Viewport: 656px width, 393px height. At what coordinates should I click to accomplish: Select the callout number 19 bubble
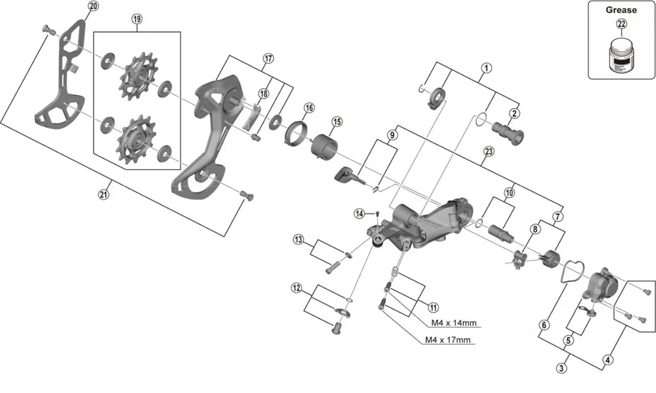tap(136, 19)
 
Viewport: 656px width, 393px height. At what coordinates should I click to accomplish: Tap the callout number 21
tap(103, 194)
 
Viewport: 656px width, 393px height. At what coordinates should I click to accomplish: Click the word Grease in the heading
tap(621, 10)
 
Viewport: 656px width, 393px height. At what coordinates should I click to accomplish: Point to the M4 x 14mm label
tap(453, 323)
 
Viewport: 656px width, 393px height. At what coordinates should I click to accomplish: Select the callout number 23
tap(488, 151)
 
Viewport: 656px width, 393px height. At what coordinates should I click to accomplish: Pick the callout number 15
tap(337, 122)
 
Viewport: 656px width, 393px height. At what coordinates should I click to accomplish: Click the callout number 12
tap(297, 288)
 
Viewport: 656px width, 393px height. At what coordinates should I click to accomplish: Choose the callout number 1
tap(486, 67)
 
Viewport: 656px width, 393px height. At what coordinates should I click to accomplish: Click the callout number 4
tap(608, 360)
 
